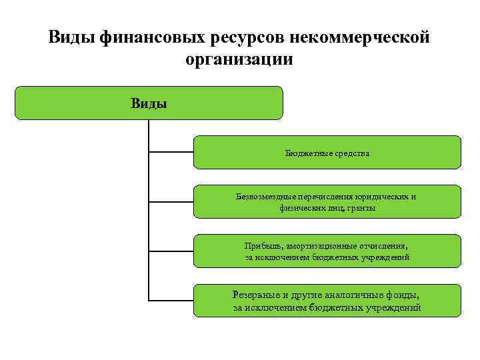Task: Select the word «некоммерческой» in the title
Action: tap(353, 37)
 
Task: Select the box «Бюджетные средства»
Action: tap(327, 153)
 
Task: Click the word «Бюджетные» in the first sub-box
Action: tap(307, 153)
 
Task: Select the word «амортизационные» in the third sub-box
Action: tap(323, 246)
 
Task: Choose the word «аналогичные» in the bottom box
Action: tap(346, 294)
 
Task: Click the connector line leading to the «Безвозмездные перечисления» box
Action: tap(171, 201)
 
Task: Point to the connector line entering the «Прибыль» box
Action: tap(171, 251)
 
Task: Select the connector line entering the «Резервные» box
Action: tap(171, 300)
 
